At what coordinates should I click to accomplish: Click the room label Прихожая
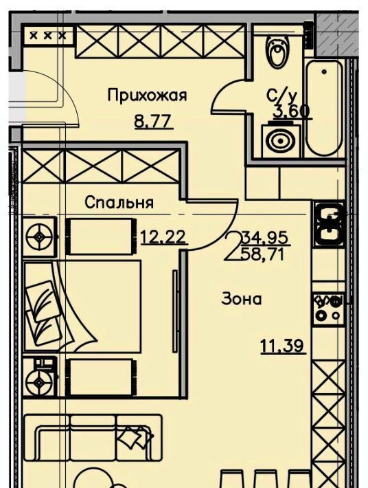pos(147,96)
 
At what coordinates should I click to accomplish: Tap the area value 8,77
pos(153,121)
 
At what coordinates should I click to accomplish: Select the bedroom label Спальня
pos(119,203)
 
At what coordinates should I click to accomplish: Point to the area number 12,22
pos(164,237)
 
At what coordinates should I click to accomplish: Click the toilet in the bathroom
pos(277,51)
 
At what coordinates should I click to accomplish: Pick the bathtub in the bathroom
pos(324,107)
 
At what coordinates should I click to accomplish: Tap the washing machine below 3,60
pos(281,141)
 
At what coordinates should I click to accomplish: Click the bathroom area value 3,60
pos(292,111)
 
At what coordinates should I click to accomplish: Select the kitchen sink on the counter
pos(330,223)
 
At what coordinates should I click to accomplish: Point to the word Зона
pos(242,300)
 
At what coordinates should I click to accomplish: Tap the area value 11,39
pos(283,346)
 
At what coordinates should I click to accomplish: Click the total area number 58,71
pos(263,255)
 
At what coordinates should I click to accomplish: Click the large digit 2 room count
pos(233,247)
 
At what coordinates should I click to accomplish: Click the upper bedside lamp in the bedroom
pos(40,237)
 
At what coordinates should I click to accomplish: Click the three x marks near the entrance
pos(48,36)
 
